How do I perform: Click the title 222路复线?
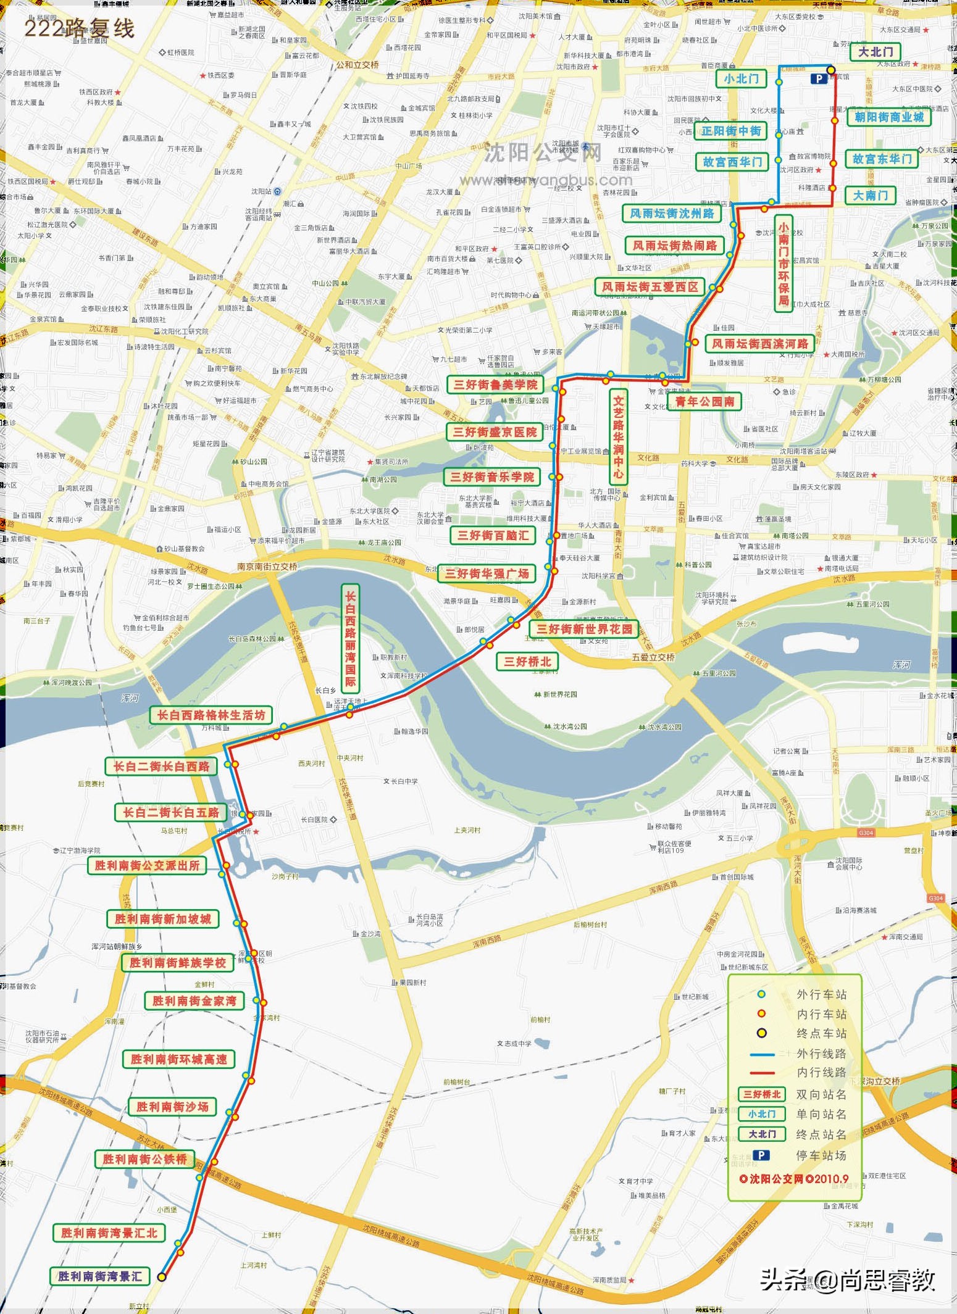pos(79,28)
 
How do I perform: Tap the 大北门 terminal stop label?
pos(876,52)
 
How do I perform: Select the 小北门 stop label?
pos(741,78)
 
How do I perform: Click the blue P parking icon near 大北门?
pos(819,78)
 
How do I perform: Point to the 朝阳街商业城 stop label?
pos(888,117)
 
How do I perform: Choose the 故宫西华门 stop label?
pos(732,162)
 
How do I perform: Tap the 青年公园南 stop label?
pos(704,402)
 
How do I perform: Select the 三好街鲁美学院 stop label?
pos(495,385)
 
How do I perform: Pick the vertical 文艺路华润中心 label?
pos(618,437)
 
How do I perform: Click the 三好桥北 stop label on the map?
pos(527,662)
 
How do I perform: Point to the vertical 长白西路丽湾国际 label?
pos(350,639)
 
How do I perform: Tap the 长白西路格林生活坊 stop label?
pos(211,715)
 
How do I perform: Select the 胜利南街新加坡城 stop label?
pos(162,919)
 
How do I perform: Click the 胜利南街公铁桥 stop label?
pos(144,1159)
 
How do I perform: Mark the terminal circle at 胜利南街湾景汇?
pos(162,1277)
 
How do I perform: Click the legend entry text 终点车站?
pos(821,1033)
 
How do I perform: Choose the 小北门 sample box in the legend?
pos(761,1114)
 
